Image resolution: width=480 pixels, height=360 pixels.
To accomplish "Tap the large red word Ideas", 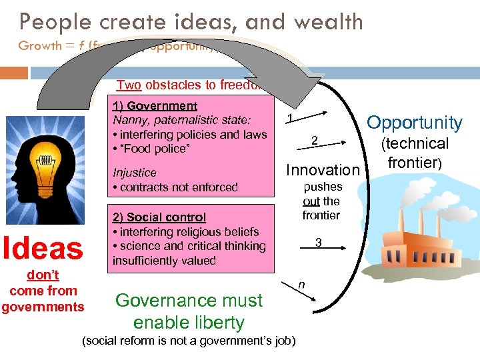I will (43, 248).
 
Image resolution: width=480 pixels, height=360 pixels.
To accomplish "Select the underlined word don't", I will (43, 275).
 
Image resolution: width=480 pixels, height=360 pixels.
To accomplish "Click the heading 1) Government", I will (155, 106).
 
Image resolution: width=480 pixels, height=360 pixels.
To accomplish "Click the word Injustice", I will (135, 173).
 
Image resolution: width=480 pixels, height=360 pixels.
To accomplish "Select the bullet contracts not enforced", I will (175, 187).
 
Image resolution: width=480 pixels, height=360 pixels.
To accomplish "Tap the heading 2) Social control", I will (159, 217).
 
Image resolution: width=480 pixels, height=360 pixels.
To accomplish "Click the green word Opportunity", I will (415, 123).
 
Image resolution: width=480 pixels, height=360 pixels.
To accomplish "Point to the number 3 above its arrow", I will (319, 243).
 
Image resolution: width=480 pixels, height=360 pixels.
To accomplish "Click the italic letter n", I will (301, 285).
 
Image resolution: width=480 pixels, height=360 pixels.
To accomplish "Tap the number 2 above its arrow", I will (315, 140).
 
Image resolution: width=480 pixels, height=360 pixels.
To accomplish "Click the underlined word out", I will (311, 201).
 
